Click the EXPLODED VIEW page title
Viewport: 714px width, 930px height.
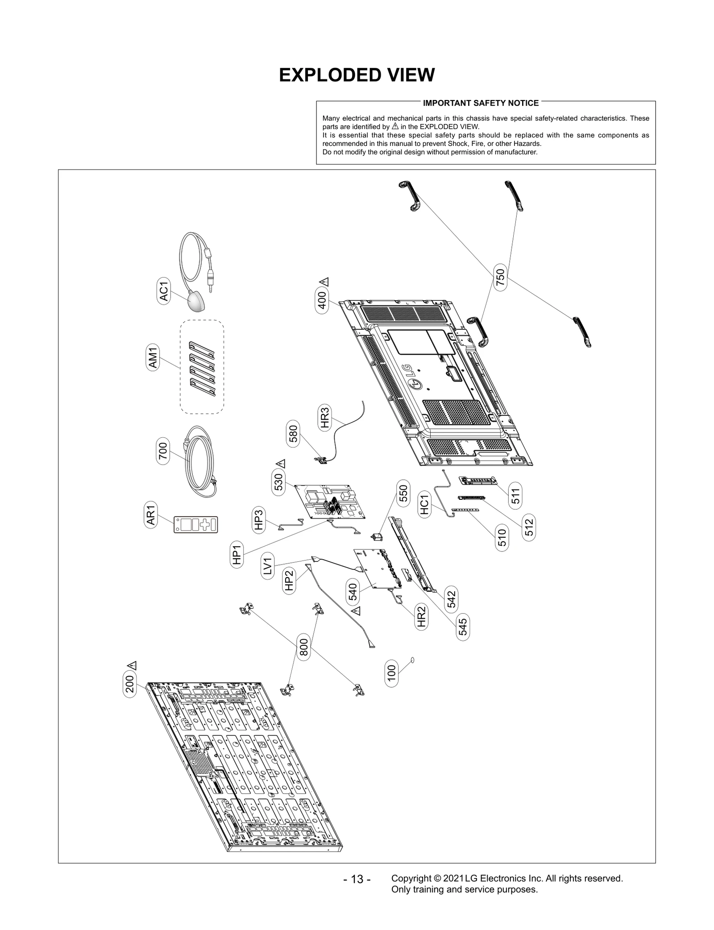coord(357,75)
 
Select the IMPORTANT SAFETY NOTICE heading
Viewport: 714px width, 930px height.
coord(481,103)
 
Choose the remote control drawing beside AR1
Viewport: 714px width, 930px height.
coord(196,524)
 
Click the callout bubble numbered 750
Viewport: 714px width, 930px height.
coord(500,277)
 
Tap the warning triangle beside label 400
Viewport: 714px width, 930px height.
coord(324,282)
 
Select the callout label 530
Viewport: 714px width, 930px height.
coord(278,482)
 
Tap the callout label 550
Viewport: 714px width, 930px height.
coord(403,493)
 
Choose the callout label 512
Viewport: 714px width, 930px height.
coord(529,527)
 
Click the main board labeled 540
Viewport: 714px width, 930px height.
coord(375,569)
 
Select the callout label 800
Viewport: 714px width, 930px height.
coord(303,647)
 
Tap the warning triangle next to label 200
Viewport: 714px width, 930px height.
coord(132,665)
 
